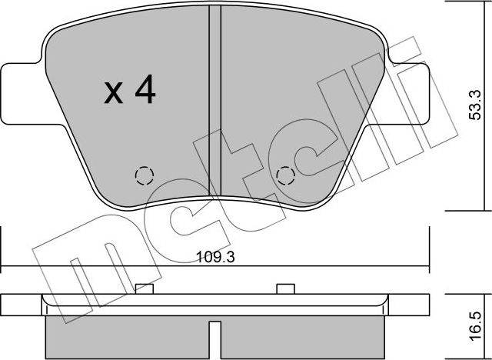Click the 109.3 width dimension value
[x=215, y=258]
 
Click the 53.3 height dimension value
[x=474, y=105]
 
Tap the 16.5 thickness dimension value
[x=476, y=326]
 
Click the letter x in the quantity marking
[x=113, y=92]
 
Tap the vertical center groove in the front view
[x=215, y=101]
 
